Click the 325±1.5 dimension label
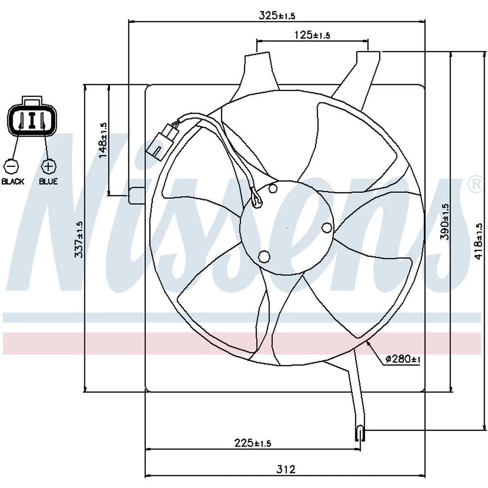[277, 15]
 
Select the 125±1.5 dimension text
[312, 35]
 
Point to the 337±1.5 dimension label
[79, 239]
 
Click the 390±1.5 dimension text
[445, 222]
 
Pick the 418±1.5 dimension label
[478, 241]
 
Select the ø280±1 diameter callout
[403, 359]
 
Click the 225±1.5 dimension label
[253, 443]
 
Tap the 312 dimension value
[285, 468]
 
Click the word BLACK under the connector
[13, 182]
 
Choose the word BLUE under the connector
[48, 182]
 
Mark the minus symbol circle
[11, 166]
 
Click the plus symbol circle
[48, 166]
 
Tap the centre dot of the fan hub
[287, 228]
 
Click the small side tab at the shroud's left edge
[137, 196]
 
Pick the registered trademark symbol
[476, 185]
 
